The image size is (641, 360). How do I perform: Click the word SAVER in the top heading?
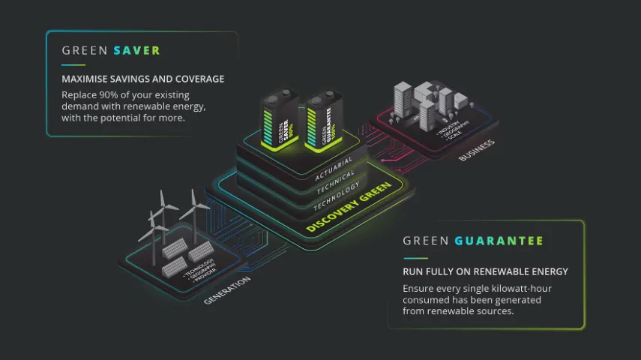pyautogui.click(x=136, y=51)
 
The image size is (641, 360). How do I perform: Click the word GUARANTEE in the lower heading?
pyautogui.click(x=499, y=241)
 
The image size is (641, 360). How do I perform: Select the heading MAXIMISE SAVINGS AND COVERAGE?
pyautogui.click(x=142, y=79)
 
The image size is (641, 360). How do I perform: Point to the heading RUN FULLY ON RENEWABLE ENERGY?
pyautogui.click(x=485, y=271)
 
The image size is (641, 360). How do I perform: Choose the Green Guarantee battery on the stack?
pyautogui.click(x=324, y=122)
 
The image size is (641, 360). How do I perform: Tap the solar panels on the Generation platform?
pyautogui.click(x=187, y=251)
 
